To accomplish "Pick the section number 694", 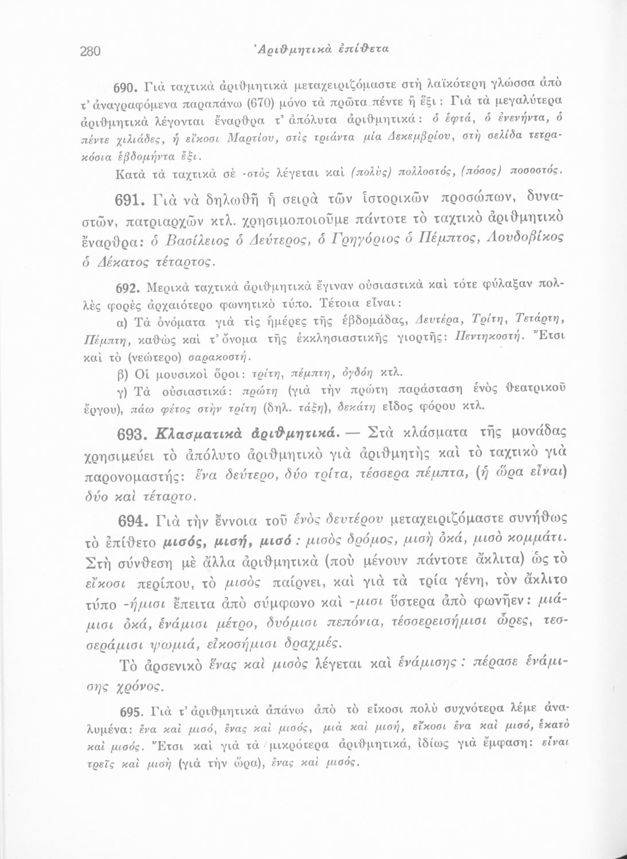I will (136, 522).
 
